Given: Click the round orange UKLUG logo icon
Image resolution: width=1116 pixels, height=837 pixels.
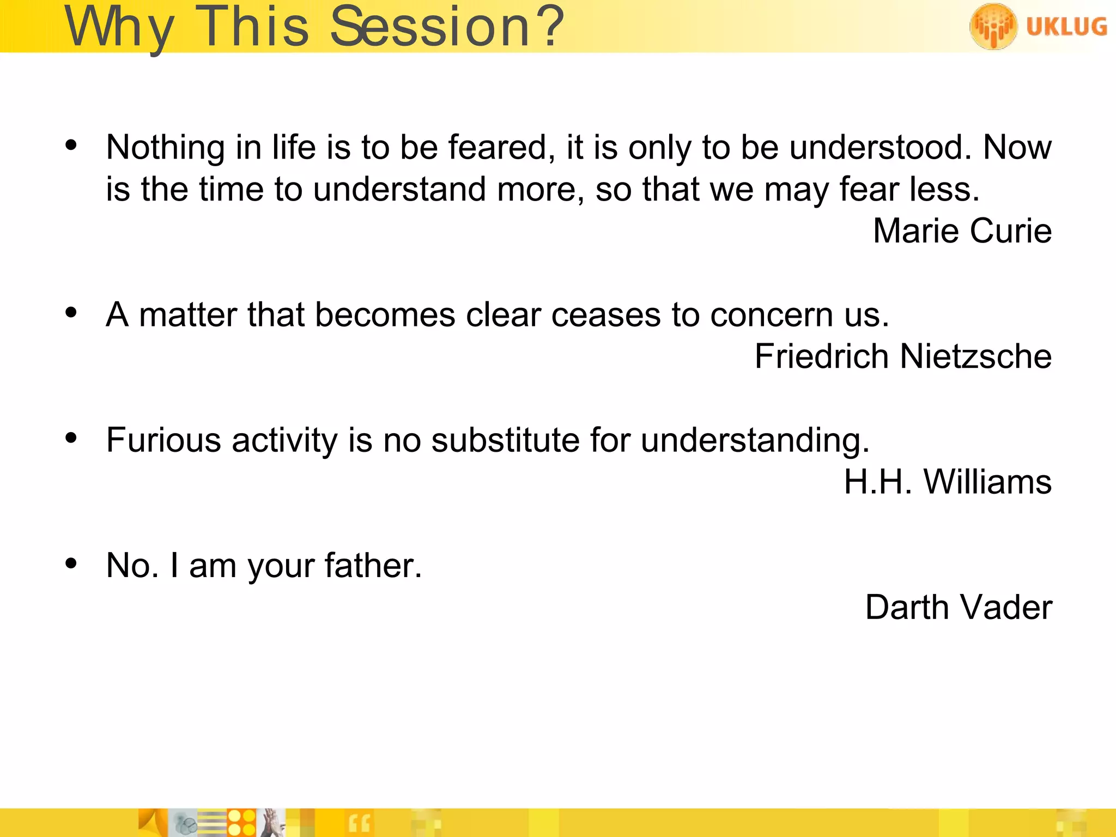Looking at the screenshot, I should (x=993, y=26).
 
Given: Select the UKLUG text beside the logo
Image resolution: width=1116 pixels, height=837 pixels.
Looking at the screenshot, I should (x=1066, y=26).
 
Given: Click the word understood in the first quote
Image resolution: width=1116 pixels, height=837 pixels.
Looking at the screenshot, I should (x=880, y=148).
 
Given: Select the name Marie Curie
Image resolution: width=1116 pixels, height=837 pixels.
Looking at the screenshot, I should (x=962, y=231).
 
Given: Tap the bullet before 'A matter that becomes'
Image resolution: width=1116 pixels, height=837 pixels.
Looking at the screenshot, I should (x=71, y=313).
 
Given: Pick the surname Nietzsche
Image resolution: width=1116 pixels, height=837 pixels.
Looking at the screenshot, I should (x=975, y=357).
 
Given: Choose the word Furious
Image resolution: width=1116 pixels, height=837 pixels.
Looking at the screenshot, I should (x=163, y=440).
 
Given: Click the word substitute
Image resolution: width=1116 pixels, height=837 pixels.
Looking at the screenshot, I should (x=505, y=440).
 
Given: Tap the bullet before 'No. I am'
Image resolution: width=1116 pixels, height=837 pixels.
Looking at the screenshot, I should (x=71, y=563).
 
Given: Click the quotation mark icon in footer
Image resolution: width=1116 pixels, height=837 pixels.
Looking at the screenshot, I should (x=359, y=823).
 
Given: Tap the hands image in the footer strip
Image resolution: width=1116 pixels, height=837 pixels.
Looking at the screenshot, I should (x=272, y=823).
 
